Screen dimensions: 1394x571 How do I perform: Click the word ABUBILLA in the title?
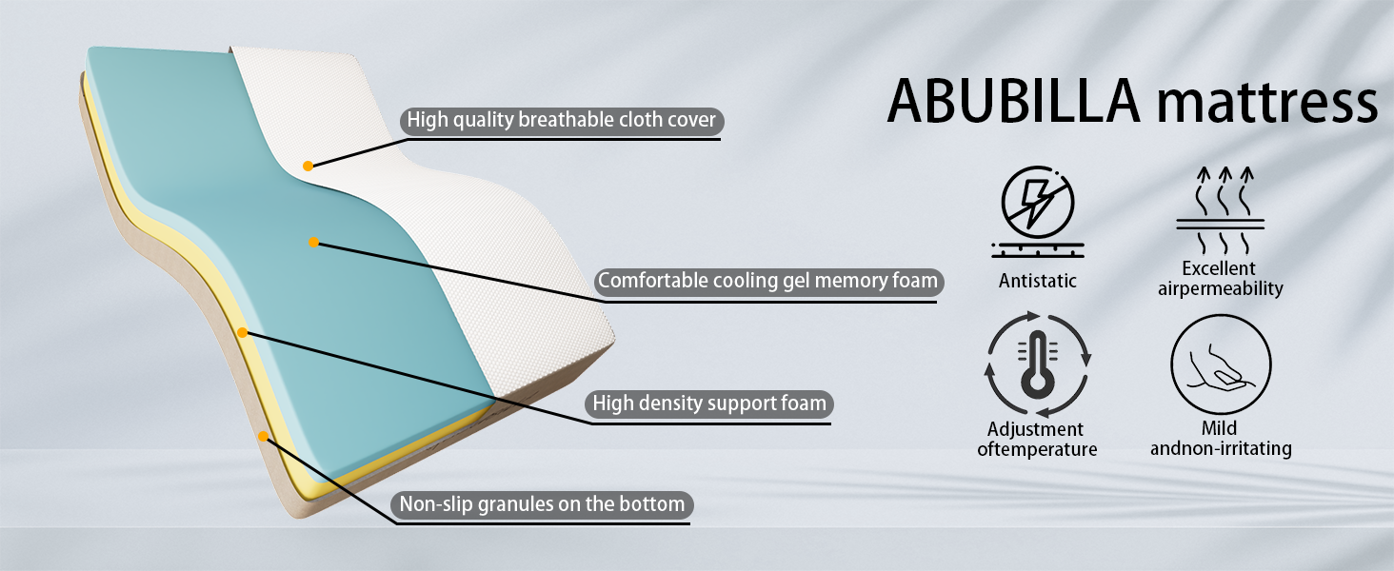coord(1014,101)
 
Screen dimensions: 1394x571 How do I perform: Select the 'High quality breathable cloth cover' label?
coord(562,120)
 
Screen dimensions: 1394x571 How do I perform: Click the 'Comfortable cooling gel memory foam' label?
coord(768,281)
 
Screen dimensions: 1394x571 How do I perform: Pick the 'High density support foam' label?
coord(708,404)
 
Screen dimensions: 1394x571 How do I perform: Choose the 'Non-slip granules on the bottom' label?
coord(542,504)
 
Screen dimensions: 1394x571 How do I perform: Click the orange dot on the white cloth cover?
coord(309,167)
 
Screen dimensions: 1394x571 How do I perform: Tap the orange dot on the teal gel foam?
coord(313,242)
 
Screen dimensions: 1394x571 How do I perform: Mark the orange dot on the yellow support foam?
coord(242,333)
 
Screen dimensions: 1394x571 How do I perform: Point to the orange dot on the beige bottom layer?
coord(263,437)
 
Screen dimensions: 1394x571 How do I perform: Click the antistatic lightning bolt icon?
coord(1038,211)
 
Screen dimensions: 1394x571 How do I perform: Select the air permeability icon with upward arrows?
coord(1221,210)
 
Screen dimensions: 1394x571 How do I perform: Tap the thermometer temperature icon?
coord(1038,364)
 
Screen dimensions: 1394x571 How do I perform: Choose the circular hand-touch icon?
coord(1221,364)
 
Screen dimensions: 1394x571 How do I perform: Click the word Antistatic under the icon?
coord(1038,281)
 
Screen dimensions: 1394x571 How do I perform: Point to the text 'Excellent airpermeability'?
coord(1221,279)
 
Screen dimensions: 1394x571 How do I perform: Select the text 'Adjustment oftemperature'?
coord(1037,439)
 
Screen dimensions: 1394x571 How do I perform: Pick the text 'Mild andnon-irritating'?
coord(1221,439)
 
